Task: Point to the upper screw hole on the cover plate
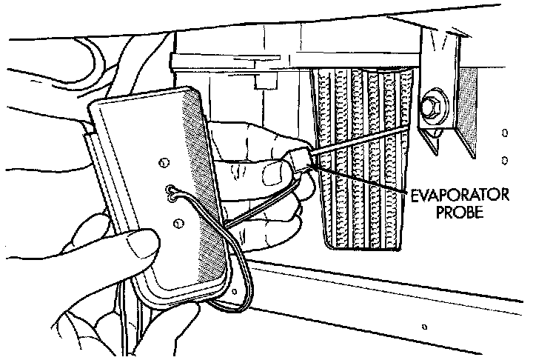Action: coord(160,159)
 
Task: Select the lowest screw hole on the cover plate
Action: coord(178,222)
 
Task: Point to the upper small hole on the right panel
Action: coord(504,134)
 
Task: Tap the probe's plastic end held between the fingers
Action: coord(301,159)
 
